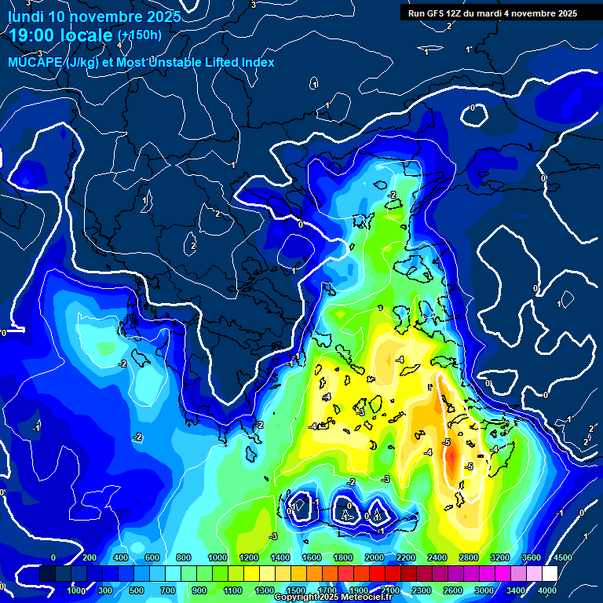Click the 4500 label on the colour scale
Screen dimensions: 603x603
click(562, 557)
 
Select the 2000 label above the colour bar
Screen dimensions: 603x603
click(375, 557)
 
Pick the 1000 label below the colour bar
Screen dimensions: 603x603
click(77, 590)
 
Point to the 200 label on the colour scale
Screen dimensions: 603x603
click(89, 557)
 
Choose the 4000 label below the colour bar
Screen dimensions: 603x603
click(548, 590)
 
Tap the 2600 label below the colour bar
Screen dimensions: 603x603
click(454, 590)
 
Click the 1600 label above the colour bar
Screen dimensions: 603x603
click(312, 557)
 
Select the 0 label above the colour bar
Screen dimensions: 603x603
click(53, 557)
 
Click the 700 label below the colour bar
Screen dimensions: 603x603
click(168, 590)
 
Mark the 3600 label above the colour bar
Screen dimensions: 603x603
click(532, 557)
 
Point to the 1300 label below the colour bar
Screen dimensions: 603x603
click(265, 590)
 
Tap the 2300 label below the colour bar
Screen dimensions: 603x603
click(422, 590)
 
